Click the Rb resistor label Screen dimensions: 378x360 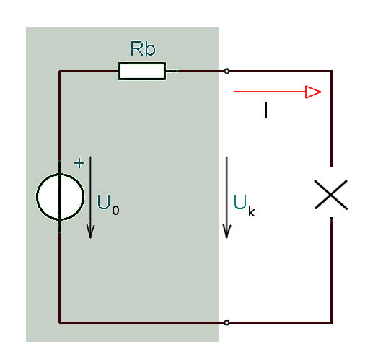[x=143, y=48]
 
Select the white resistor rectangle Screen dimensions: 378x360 [x=142, y=71]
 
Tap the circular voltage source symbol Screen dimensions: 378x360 [x=61, y=197]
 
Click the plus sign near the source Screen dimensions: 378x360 [x=79, y=163]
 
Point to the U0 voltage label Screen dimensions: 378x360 [x=108, y=205]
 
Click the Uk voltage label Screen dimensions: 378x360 [x=245, y=206]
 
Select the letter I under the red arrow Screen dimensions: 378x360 [x=265, y=110]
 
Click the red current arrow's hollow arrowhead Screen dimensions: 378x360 [x=313, y=92]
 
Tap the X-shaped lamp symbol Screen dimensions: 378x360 [x=331, y=195]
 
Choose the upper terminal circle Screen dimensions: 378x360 [x=227, y=71]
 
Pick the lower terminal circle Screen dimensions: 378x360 [x=227, y=322]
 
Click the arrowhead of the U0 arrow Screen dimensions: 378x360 [x=90, y=232]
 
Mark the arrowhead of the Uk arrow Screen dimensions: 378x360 [x=227, y=232]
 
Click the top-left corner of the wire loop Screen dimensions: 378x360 [x=60, y=71]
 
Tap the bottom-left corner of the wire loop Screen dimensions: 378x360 [x=60, y=322]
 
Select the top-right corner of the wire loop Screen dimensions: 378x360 [x=332, y=71]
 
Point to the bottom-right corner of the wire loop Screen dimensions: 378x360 [x=332, y=322]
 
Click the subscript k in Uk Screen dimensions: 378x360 [x=252, y=211]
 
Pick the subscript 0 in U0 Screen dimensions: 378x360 [x=115, y=210]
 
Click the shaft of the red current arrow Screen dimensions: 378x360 [x=270, y=92]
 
